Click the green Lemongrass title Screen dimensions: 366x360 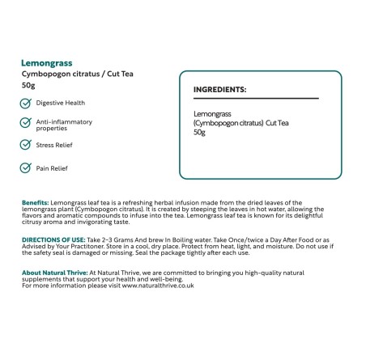[47, 62]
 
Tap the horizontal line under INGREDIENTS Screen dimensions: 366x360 [255, 99]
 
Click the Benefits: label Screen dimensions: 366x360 [36, 202]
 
